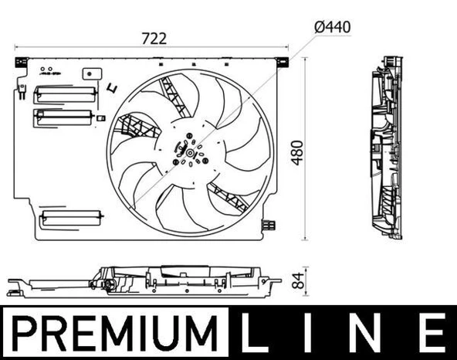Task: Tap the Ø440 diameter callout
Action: pos(333,26)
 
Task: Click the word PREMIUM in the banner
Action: pos(116,333)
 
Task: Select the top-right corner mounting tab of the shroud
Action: pos(284,60)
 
